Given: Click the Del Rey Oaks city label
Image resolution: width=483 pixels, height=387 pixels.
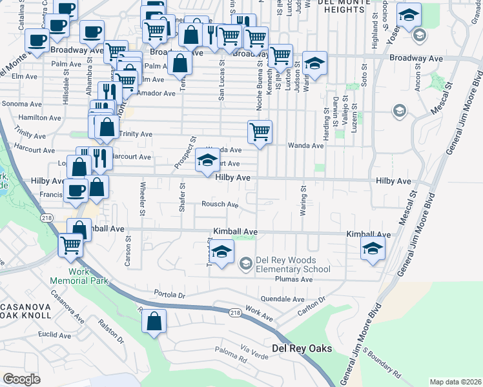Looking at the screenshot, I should coord(302,348).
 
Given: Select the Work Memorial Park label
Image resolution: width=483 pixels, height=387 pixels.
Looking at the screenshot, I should coord(79,277).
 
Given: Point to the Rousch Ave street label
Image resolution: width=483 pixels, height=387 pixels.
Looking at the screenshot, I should coord(220,204).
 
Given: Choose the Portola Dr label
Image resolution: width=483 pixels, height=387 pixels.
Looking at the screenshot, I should coord(170,293).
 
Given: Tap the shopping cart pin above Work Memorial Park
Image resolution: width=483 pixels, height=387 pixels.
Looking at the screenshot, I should coord(70,244).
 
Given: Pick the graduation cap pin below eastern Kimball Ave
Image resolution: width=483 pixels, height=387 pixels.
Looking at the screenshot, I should coord(373,249).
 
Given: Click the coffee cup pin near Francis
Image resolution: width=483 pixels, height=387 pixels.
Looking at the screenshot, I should coord(76,190).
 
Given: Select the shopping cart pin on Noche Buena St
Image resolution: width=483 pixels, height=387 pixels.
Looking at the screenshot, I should coord(260,132).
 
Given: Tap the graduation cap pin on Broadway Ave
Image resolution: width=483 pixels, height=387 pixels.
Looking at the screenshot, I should coord(314,63).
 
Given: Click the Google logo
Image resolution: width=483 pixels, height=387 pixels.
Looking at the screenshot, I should coord(21,379).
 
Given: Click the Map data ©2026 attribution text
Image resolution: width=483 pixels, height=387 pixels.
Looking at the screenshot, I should coord(455,382).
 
